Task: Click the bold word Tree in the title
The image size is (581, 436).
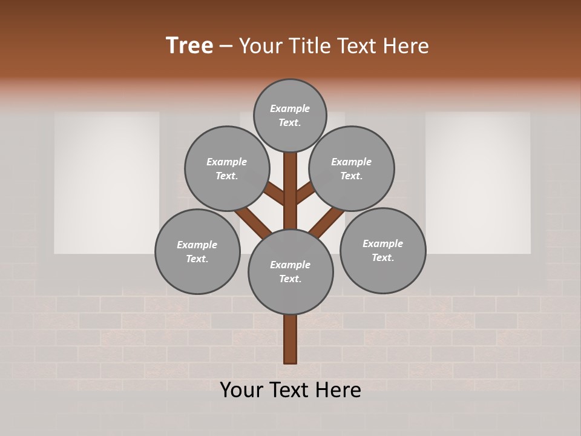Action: pyautogui.click(x=189, y=46)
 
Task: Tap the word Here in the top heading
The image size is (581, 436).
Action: pyautogui.click(x=406, y=46)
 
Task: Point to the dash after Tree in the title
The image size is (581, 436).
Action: pyautogui.click(x=226, y=47)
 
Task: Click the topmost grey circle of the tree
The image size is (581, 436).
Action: pyautogui.click(x=290, y=115)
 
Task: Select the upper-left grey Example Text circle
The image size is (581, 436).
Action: pyautogui.click(x=226, y=168)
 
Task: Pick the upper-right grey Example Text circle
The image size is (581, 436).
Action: pyautogui.click(x=352, y=168)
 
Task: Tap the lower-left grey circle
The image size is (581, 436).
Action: pyautogui.click(x=197, y=251)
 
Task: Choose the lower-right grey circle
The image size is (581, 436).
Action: pyautogui.click(x=382, y=250)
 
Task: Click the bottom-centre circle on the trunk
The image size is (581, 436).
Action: pyautogui.click(x=290, y=271)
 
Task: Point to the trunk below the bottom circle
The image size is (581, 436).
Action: pyautogui.click(x=290, y=339)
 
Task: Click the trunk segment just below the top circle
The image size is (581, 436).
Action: pyautogui.click(x=290, y=182)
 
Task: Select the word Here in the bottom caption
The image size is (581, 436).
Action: pyautogui.click(x=338, y=390)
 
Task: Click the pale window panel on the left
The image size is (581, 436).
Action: pyautogui.click(x=107, y=182)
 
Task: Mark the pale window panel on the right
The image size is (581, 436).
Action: pyautogui.click(x=478, y=182)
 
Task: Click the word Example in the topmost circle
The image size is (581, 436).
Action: pyautogui.click(x=290, y=108)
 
